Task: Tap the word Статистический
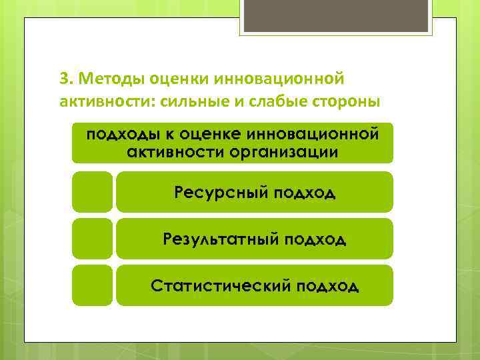pyautogui.click(x=219, y=286)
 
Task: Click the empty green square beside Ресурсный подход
pyautogui.click(x=92, y=192)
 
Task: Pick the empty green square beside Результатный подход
pyautogui.click(x=92, y=239)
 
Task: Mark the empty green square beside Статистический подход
pyautogui.click(x=92, y=285)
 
